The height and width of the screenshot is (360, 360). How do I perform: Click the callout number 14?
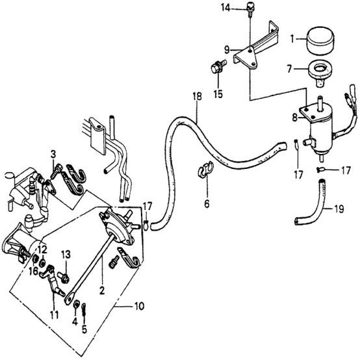click(225, 8)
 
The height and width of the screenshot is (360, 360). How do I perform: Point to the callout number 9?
click(227, 50)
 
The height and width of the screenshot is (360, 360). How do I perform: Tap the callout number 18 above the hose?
click(197, 96)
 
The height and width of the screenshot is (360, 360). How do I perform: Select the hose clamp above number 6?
click(205, 169)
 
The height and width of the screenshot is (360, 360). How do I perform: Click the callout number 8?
click(295, 118)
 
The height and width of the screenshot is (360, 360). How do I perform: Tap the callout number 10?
click(140, 306)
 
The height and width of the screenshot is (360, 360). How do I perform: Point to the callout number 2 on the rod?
click(102, 290)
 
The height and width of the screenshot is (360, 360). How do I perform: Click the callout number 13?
click(66, 255)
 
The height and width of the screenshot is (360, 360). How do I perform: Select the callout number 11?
click(55, 315)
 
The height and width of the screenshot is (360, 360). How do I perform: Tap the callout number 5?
click(84, 329)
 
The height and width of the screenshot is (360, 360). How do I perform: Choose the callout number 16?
click(34, 272)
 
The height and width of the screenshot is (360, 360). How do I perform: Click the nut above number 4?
click(76, 305)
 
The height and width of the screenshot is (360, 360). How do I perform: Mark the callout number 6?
click(207, 204)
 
